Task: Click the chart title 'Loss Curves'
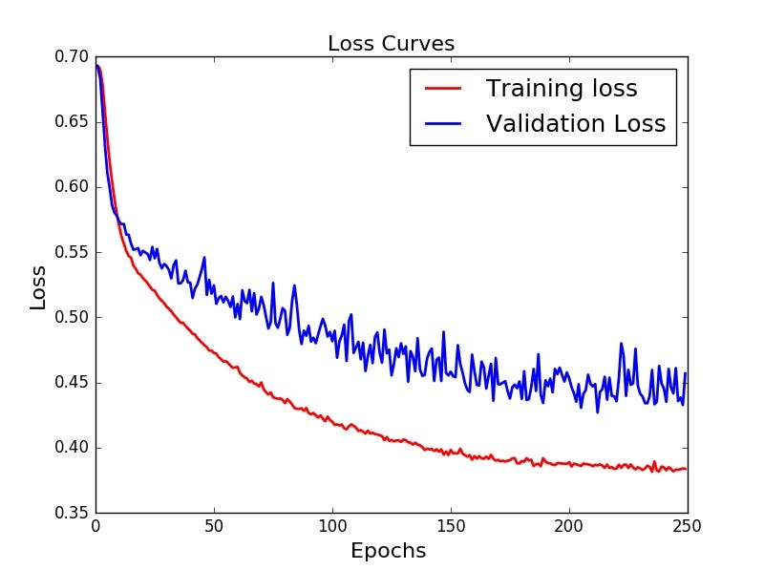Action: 391,44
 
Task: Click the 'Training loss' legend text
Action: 561,89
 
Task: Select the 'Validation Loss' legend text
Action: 575,124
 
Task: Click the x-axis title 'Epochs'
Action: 388,551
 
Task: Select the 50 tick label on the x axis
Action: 214,526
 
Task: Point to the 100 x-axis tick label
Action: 332,526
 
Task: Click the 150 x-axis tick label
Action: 451,526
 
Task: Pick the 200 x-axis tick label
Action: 569,526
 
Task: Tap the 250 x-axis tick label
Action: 688,526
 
